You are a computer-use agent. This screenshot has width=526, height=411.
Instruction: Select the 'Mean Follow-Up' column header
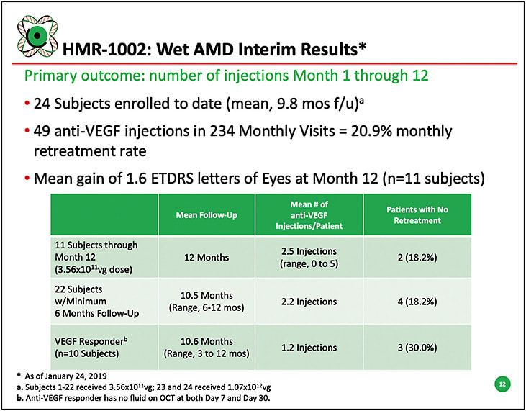(207, 215)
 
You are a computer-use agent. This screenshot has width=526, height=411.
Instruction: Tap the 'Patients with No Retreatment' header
(417, 215)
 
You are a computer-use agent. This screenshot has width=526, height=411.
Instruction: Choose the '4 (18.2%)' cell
(417, 302)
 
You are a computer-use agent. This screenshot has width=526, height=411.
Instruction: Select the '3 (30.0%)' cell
(417, 348)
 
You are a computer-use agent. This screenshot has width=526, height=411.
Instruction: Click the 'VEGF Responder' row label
(91, 341)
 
